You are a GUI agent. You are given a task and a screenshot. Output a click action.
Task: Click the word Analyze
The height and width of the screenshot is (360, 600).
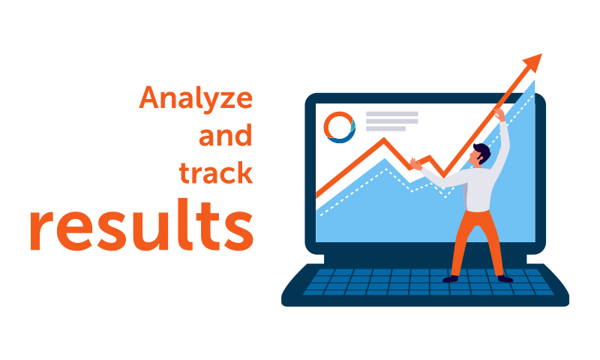point(196,99)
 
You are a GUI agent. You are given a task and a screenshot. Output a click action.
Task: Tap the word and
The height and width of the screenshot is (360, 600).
point(226,135)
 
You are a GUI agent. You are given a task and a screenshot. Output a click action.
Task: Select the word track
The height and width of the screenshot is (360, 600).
point(216,172)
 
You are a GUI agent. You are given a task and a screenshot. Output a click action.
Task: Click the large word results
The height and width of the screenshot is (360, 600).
point(142,224)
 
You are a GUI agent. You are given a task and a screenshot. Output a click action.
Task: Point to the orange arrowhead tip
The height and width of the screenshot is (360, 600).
point(541,54)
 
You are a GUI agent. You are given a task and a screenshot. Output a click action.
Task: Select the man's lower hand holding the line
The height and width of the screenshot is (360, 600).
point(415,163)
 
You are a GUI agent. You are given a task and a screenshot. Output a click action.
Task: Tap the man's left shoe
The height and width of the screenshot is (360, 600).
point(451,279)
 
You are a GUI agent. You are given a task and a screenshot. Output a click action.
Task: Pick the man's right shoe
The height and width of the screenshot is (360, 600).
point(505,279)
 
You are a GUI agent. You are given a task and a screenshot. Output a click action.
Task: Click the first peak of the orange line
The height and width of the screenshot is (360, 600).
point(384,139)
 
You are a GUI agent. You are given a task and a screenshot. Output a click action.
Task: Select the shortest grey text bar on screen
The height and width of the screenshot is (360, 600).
point(385,128)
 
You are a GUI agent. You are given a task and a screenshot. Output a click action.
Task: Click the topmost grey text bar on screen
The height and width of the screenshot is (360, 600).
point(391,113)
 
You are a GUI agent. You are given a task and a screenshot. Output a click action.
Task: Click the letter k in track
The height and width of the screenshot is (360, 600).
point(244,172)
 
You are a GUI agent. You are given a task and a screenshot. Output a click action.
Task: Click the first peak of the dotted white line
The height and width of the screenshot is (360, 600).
point(386,168)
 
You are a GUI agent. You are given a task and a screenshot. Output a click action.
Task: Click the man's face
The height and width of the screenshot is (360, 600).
point(475,157)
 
